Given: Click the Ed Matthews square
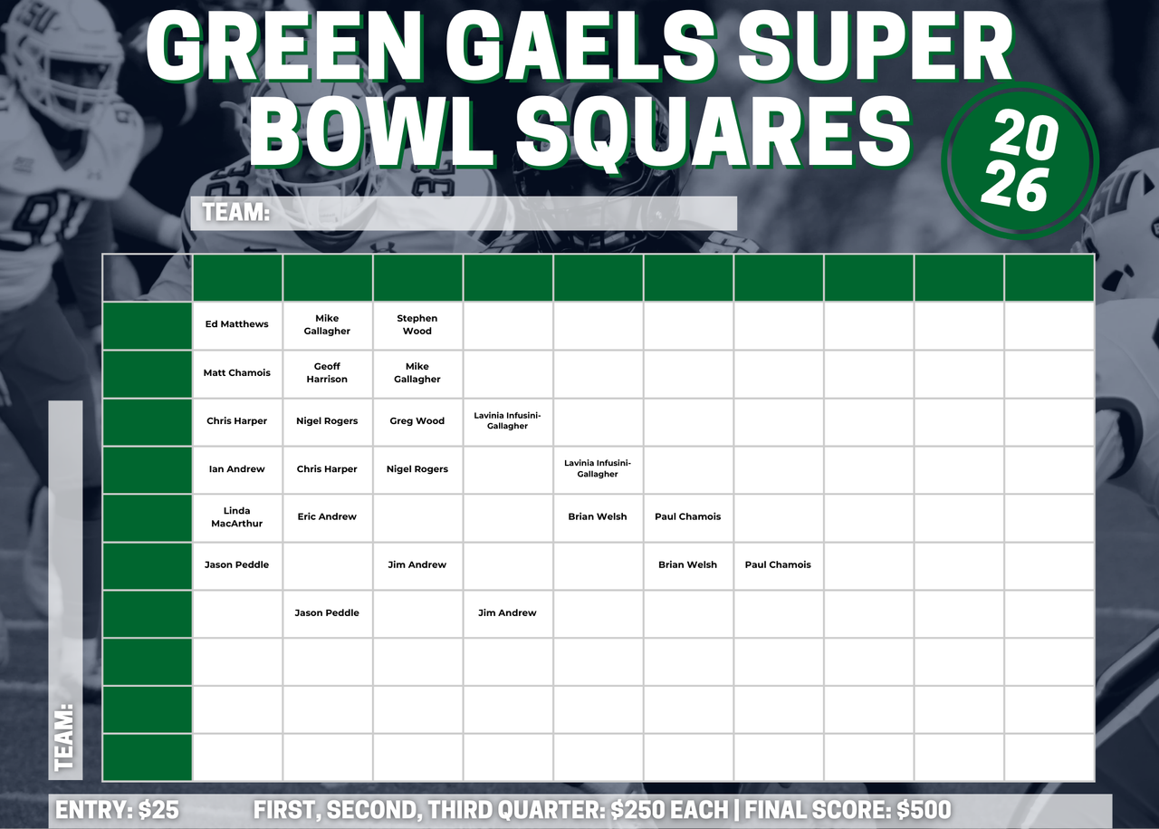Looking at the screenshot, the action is (237, 325).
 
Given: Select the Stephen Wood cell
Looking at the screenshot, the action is (417, 325).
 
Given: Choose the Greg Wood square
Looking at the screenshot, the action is (417, 422).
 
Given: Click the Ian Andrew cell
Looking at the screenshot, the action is (237, 470).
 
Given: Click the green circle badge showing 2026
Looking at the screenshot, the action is (1020, 160).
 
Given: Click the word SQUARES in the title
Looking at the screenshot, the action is (714, 132).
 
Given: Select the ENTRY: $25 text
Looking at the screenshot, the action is (118, 810).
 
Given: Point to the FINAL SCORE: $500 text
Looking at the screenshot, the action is (848, 810).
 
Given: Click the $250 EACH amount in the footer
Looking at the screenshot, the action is (669, 810).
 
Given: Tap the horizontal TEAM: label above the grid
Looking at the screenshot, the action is (236, 212).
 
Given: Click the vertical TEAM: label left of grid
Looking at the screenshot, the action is (65, 737).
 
